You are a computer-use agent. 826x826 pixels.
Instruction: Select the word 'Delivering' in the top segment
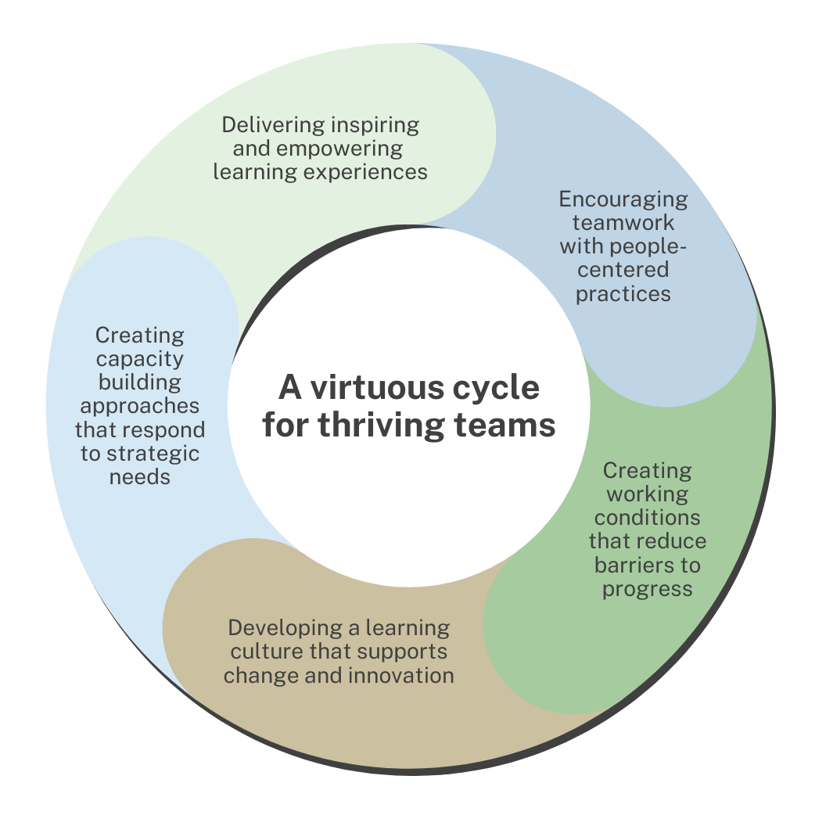click(270, 125)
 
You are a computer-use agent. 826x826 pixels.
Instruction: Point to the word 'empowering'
click(338, 149)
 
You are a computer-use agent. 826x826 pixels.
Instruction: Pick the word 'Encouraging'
click(623, 199)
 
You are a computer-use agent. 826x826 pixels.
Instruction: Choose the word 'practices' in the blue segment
click(623, 293)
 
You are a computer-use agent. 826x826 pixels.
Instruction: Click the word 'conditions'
click(647, 518)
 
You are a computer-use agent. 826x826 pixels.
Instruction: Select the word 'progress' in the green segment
click(647, 588)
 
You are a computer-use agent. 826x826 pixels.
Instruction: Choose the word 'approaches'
click(139, 406)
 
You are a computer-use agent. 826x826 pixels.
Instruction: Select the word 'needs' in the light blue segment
click(139, 476)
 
